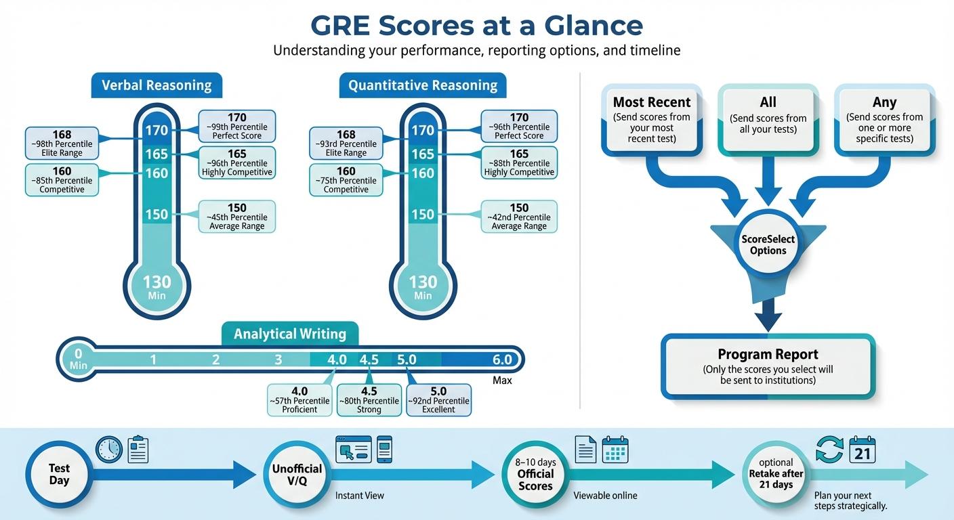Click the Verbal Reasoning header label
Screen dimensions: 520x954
pyautogui.click(x=157, y=86)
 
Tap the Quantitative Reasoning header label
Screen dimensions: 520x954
pyautogui.click(x=423, y=86)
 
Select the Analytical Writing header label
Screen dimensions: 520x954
pyautogui.click(x=290, y=334)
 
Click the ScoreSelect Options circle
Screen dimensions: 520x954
pyautogui.click(x=768, y=244)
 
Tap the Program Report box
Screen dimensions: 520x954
pyautogui.click(x=768, y=366)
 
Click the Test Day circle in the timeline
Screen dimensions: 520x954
pyautogui.click(x=59, y=475)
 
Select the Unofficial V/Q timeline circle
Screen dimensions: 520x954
pyautogui.click(x=297, y=475)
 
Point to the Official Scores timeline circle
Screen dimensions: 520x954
pyautogui.click(x=535, y=475)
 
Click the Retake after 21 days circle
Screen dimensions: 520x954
pyautogui.click(x=776, y=474)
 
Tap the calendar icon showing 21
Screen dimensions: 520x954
pyautogui.click(x=863, y=450)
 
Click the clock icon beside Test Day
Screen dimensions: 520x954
pyautogui.click(x=109, y=450)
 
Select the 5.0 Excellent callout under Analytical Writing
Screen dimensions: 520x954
pyautogui.click(x=438, y=399)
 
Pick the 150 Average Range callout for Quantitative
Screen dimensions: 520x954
pyautogui.click(x=519, y=217)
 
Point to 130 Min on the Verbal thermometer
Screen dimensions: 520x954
pyautogui.click(x=157, y=286)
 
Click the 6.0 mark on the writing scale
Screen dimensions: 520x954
pyautogui.click(x=502, y=360)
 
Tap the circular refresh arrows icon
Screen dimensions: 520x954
pyautogui.click(x=829, y=450)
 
